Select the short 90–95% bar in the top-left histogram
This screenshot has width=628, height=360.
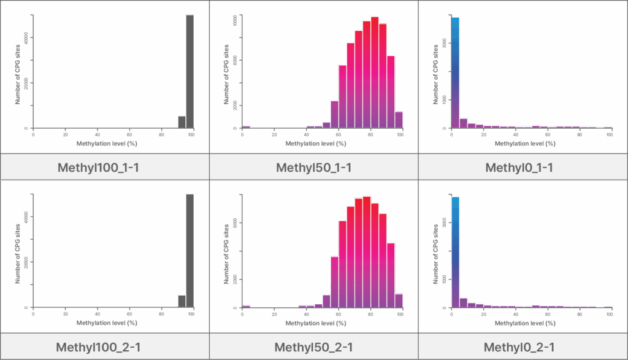tap(182, 122)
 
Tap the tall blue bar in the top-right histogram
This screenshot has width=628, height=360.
tap(455, 72)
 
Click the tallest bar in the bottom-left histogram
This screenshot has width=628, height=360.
tap(190, 250)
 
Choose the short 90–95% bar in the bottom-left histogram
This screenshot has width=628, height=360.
tap(182, 301)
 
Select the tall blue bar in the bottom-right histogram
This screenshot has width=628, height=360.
tap(455, 251)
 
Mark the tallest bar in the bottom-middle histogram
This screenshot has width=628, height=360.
tap(367, 251)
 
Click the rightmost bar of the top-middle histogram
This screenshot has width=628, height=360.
tap(399, 120)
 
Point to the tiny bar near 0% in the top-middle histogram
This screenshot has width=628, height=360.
tap(246, 126)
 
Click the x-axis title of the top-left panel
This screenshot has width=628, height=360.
tap(107, 144)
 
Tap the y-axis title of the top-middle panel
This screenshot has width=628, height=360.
tap(226, 74)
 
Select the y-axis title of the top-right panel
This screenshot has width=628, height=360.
tap(435, 74)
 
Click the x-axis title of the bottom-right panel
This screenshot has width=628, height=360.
tap(525, 323)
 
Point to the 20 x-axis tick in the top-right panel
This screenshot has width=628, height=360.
tap(483, 135)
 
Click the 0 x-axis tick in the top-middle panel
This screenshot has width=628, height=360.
tap(242, 135)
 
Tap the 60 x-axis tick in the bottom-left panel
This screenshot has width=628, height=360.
tap(129, 315)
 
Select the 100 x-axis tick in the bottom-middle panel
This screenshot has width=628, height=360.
tap(400, 315)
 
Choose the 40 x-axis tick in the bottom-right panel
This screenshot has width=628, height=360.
tap(515, 315)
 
